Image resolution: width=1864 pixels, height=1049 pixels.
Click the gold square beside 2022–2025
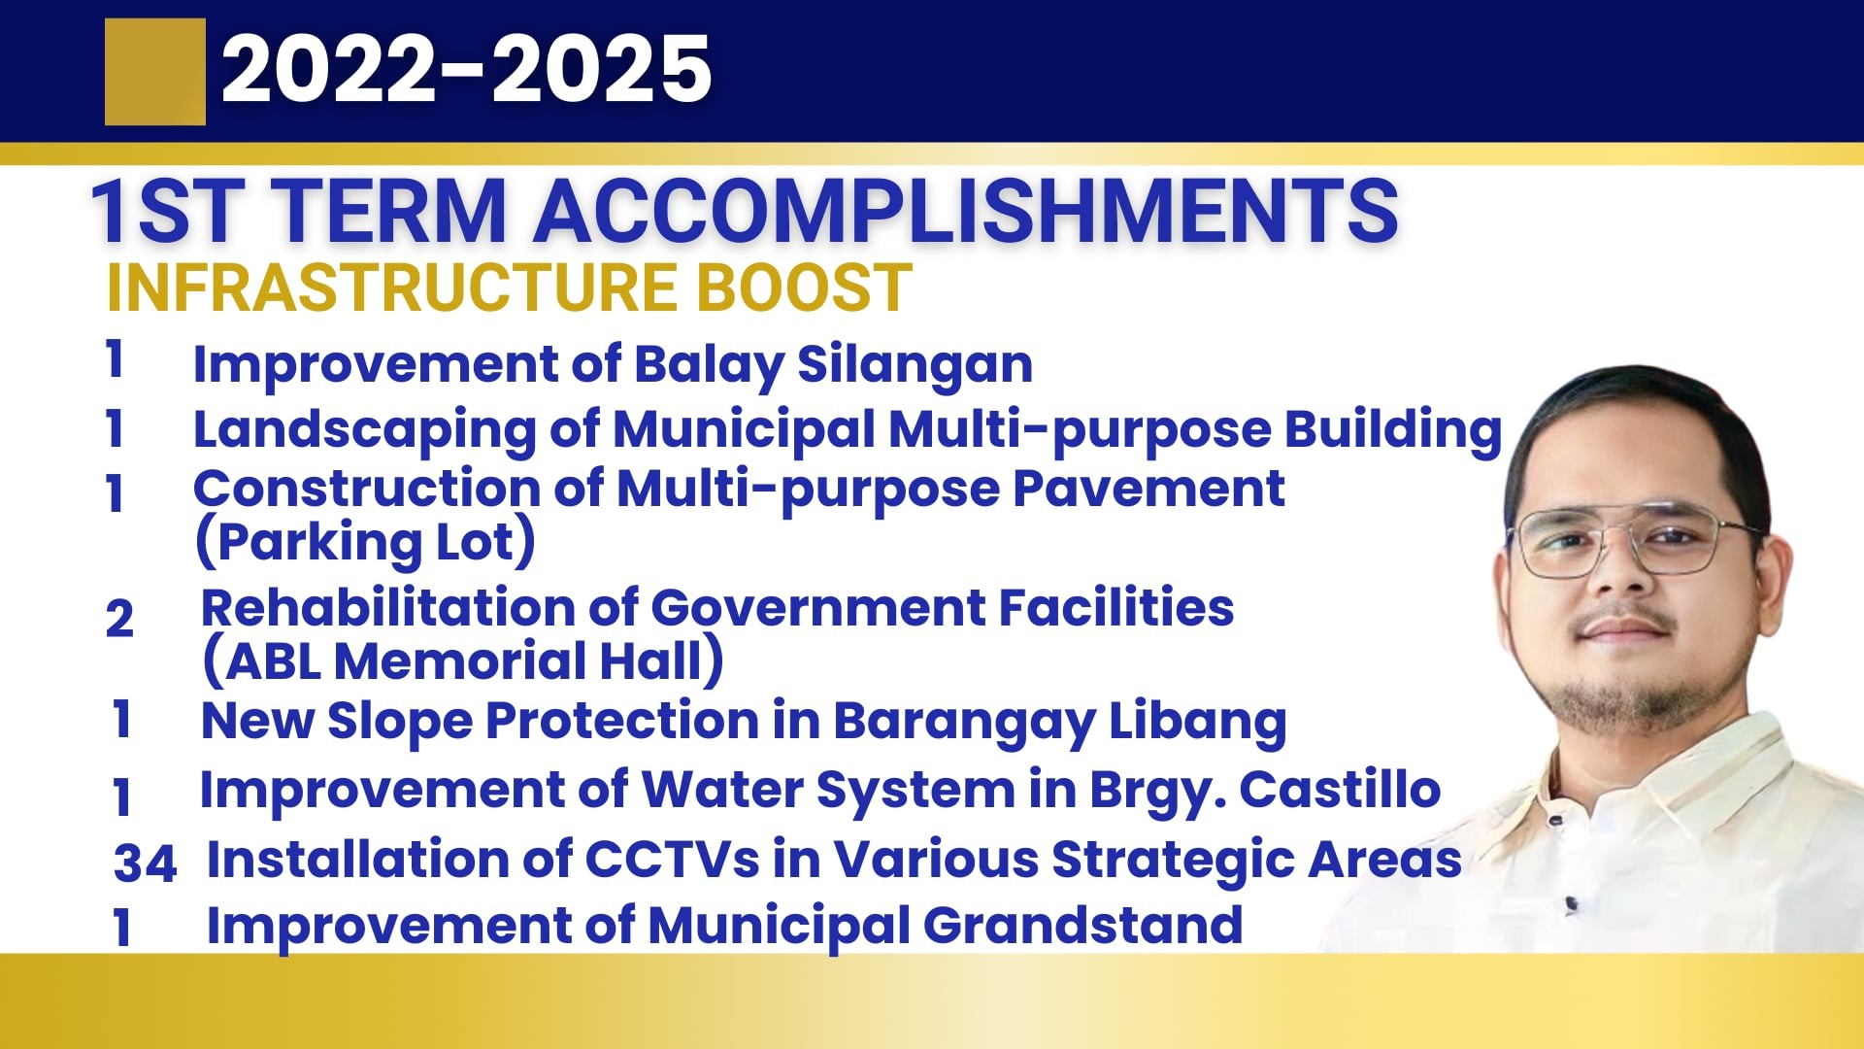point(155,72)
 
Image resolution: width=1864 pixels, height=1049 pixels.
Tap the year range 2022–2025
point(467,69)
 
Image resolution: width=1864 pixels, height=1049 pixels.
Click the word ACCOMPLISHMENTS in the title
point(966,211)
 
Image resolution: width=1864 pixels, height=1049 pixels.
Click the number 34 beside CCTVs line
point(146,863)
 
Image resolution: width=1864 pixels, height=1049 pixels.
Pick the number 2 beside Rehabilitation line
point(119,619)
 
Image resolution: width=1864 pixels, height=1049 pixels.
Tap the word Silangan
point(915,366)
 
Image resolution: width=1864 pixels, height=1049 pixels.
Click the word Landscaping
point(364,430)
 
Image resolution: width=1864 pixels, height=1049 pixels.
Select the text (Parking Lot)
point(365,542)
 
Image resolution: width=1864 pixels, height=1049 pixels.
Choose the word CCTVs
point(672,860)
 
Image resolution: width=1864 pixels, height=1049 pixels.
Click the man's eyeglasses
point(1641,542)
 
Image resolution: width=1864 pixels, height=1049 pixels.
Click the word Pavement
point(1148,488)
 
